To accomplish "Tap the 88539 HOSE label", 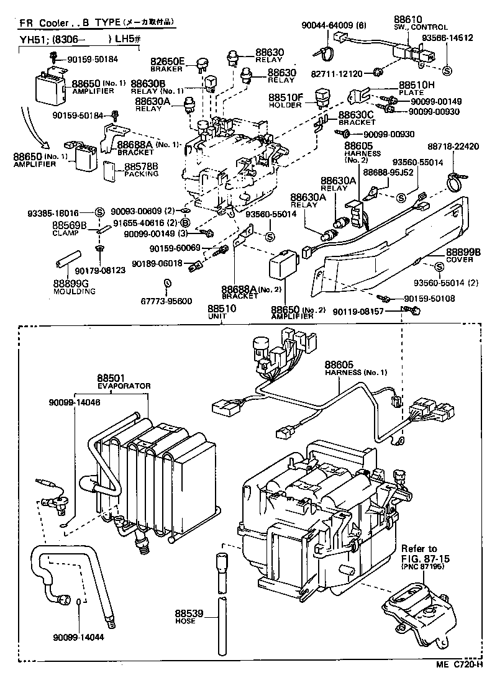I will [189, 617].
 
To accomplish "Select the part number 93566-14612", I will [447, 38].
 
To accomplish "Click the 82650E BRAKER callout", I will [168, 64].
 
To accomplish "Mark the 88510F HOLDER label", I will [286, 101].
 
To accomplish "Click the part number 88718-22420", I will [453, 147].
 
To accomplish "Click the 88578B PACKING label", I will [141, 170].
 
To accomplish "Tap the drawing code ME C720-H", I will [458, 664].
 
